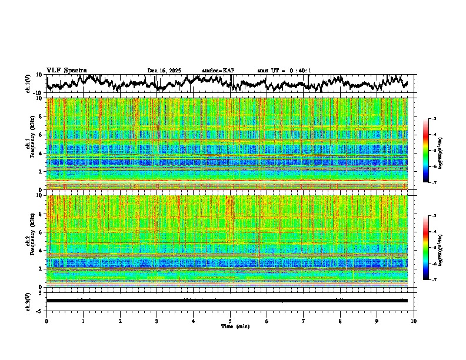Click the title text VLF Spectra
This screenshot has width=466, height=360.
point(66,70)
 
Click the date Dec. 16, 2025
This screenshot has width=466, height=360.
point(164,71)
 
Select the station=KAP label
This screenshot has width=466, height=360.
point(218,71)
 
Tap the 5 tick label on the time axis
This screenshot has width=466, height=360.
point(230,321)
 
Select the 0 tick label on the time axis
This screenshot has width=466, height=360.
point(46,321)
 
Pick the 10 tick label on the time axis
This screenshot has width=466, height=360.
point(414,321)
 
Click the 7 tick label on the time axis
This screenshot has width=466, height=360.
point(304,321)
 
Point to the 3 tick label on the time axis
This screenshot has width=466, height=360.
point(157,321)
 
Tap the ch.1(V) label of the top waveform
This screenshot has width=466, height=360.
point(28,84)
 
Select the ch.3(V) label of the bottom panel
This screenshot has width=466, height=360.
point(28,301)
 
